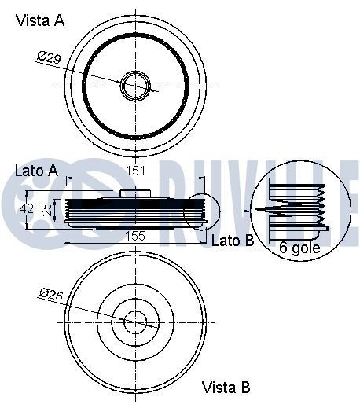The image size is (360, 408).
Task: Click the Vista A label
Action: coord(40,21)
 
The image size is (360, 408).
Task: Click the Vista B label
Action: coord(226,387)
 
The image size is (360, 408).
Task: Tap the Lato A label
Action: coord(35,171)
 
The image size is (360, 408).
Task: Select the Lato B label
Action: coord(233,241)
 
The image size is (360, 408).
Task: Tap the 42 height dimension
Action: coord(27,209)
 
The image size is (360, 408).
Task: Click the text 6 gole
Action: coord(299,247)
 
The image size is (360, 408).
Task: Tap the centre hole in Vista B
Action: coord(136,321)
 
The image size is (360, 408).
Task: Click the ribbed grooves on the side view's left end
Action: coord(71,211)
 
